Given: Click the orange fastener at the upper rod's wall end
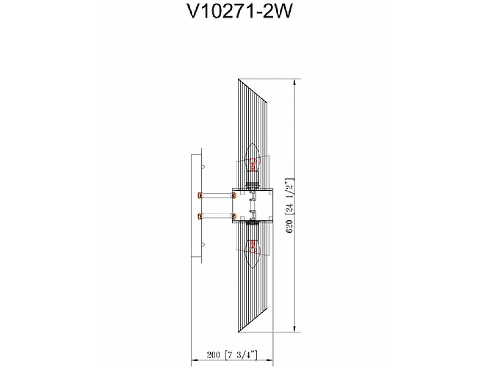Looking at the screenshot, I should (x=200, y=194).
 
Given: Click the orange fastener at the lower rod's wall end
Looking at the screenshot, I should (x=200, y=215).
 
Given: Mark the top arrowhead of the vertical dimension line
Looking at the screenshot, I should (x=294, y=83).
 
